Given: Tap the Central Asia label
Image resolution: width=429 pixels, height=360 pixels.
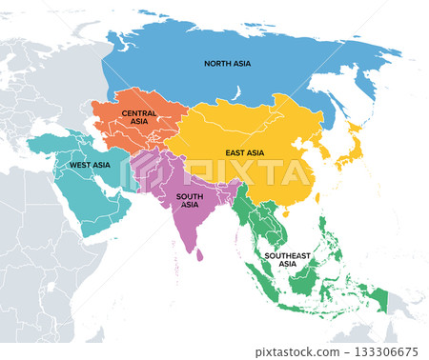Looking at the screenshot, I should (139, 117).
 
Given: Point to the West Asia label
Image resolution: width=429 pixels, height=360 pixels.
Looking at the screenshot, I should (90, 165).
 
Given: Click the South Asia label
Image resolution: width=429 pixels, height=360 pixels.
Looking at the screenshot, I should (189, 201).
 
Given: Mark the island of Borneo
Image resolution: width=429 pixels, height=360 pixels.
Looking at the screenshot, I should (306, 272).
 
